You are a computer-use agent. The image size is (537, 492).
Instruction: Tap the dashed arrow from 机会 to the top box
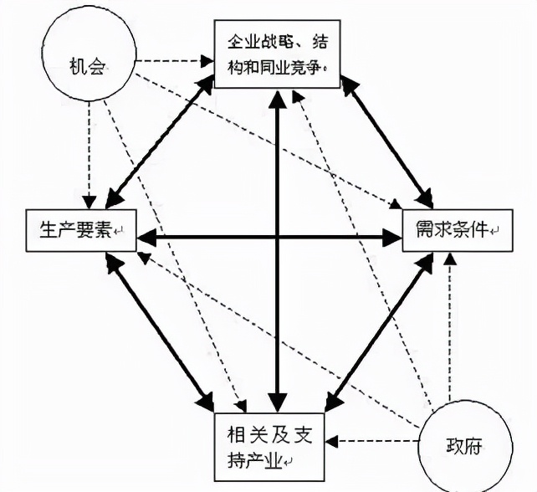click(x=171, y=60)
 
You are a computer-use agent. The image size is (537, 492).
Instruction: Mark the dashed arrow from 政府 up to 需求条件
click(x=451, y=326)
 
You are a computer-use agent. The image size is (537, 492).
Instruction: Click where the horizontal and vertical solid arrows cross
click(x=275, y=238)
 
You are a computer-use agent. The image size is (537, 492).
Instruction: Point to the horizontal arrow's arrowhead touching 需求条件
click(x=393, y=238)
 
